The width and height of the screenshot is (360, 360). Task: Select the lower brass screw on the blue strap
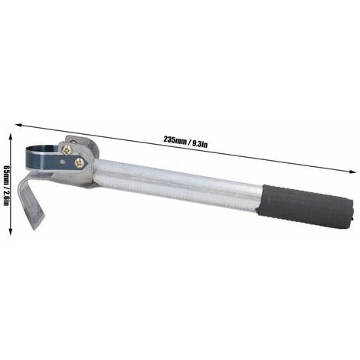[x=80, y=162]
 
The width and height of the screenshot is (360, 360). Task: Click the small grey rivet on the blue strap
[x=61, y=162]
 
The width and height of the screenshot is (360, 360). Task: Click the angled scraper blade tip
[x=36, y=224]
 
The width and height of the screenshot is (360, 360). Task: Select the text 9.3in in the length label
[x=200, y=145]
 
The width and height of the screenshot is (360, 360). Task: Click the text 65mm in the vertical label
[x=7, y=175]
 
